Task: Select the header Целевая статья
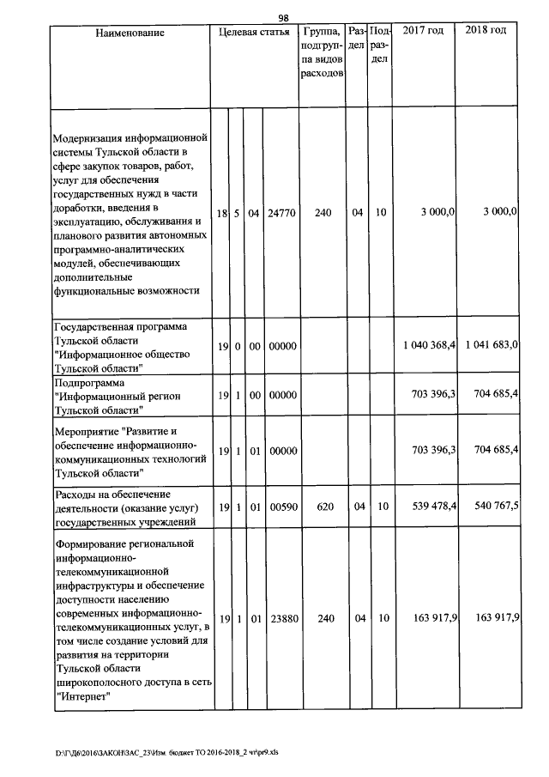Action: click(254, 32)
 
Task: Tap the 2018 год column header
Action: click(486, 31)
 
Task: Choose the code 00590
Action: click(281, 507)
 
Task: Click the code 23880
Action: click(281, 618)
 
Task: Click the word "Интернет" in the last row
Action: click(81, 696)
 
